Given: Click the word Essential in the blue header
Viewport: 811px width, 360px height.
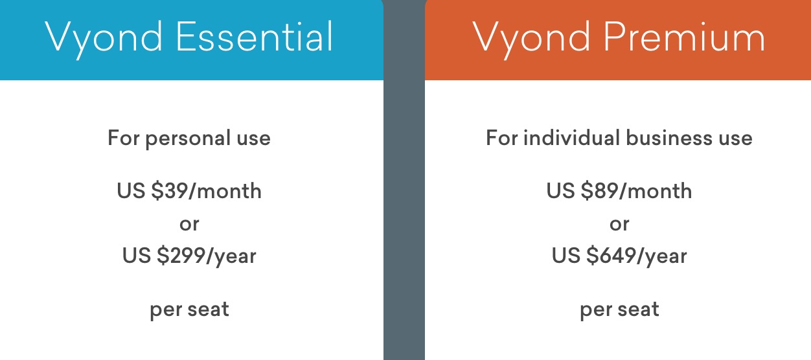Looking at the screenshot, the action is [254, 36].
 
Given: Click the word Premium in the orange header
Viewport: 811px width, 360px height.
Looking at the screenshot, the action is [684, 36].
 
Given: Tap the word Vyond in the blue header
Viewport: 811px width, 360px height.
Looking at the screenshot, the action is [104, 39].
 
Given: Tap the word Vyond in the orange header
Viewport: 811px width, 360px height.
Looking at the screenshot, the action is [532, 39].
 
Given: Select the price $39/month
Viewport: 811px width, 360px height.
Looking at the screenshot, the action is [207, 190].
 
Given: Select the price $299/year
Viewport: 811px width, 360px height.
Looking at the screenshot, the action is [207, 256].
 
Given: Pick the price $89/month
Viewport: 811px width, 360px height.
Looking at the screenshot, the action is [636, 190].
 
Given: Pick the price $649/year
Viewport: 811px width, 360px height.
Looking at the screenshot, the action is [636, 256].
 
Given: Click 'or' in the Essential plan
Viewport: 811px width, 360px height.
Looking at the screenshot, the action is [189, 225].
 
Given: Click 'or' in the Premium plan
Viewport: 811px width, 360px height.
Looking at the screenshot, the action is [619, 225].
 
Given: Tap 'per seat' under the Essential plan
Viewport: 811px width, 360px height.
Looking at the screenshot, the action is [189, 310].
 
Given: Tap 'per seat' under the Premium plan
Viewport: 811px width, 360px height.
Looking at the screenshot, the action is [619, 310].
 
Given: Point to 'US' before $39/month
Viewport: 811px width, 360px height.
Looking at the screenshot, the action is [131, 190].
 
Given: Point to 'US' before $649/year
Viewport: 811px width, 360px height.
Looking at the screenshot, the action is [566, 256].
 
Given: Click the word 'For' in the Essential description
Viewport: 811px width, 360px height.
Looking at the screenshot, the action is [124, 138].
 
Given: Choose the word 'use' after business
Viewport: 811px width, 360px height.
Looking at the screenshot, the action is [736, 139].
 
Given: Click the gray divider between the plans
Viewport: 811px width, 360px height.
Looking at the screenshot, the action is [404, 180].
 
